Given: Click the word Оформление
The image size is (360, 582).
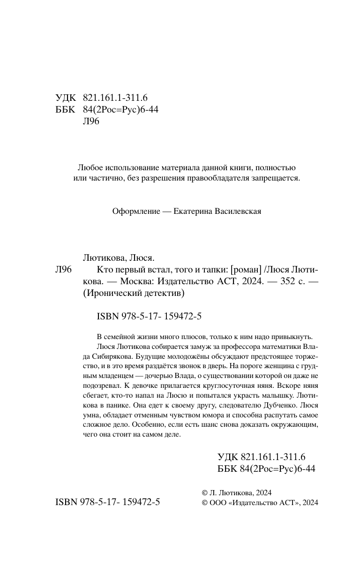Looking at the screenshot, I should [133, 211].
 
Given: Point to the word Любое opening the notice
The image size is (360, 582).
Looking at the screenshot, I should [89, 167].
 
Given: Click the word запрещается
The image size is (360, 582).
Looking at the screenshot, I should [276, 178].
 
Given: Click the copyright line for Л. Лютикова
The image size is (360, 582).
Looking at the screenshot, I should [236, 492].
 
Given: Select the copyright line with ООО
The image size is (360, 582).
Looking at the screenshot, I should [260, 502].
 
